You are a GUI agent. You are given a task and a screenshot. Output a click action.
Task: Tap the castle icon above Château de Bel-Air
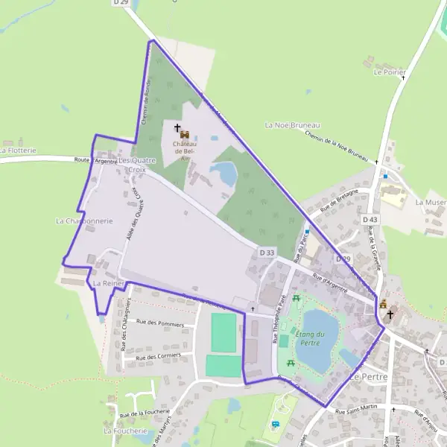point(185,134)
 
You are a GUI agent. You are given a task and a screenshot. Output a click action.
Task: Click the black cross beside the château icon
point(177,127)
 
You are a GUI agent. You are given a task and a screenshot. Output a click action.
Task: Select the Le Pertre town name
point(365,377)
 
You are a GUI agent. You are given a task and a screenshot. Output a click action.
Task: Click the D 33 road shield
point(267,253)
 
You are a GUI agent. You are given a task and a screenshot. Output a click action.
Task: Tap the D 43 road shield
point(370,220)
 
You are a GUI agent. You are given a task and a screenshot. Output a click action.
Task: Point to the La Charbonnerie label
point(83,221)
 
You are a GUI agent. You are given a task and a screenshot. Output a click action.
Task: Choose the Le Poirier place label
point(390,72)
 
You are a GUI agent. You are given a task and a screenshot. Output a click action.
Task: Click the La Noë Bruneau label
point(292,125)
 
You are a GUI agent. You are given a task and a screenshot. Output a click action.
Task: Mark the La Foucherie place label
point(125,431)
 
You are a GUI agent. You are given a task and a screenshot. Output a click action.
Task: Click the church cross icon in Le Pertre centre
point(390,315)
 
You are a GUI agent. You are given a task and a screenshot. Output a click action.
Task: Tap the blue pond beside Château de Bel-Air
point(223,174)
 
